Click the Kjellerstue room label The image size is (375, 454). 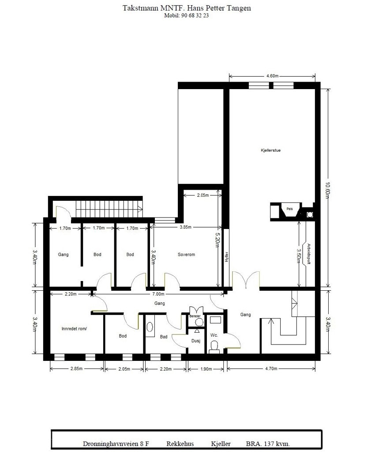point(271,150)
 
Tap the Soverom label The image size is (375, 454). point(186,255)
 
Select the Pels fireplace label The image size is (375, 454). point(289,208)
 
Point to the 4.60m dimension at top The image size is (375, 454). point(272,76)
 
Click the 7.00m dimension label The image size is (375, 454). point(158,294)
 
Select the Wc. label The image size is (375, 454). point(214,335)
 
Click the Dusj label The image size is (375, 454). point(195,341)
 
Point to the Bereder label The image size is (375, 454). point(195,316)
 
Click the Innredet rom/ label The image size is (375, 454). point(74,329)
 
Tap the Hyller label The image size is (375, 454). point(226,256)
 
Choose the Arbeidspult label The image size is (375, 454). point(309,253)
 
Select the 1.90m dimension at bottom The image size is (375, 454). point(206,369)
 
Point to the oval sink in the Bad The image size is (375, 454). point(150,327)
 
